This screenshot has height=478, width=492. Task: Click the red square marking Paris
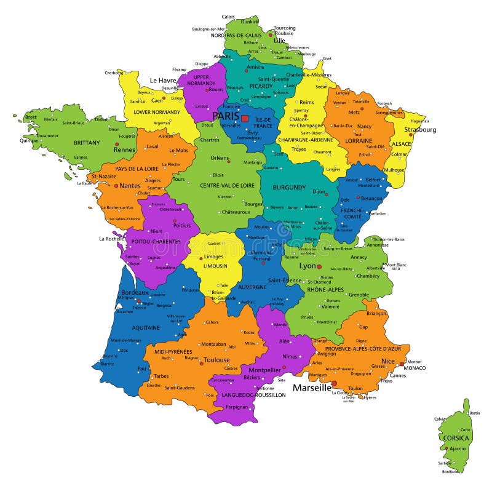tap(245, 118)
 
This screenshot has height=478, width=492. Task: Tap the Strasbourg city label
tap(420, 130)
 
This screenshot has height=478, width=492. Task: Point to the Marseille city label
tap(312, 388)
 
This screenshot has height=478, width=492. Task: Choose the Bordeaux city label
tap(135, 292)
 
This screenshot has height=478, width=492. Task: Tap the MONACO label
tap(415, 368)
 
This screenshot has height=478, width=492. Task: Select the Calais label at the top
tap(228, 17)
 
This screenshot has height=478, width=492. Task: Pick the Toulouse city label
tap(216, 360)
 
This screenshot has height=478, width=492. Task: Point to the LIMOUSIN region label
tap(215, 266)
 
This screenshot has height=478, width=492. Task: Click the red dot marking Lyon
tap(319, 267)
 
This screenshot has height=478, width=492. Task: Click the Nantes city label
tap(130, 185)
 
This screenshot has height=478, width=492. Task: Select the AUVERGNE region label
tap(252, 287)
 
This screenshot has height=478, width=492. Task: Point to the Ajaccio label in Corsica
tap(458, 448)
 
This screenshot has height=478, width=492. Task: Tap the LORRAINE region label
tap(359, 140)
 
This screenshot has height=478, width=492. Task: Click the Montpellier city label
tap(264, 370)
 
